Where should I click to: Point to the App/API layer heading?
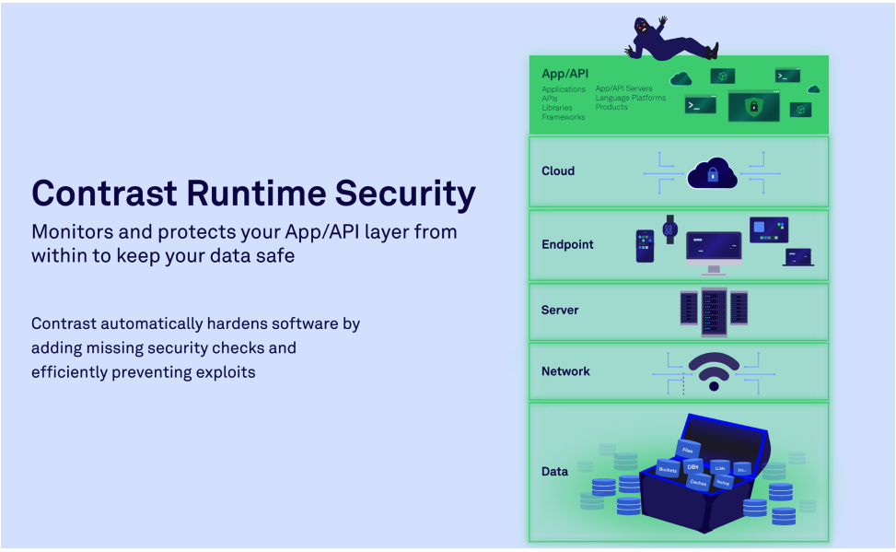pyautogui.click(x=564, y=73)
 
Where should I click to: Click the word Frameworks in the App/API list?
pyautogui.click(x=563, y=117)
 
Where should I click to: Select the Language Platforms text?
pyautogui.click(x=630, y=98)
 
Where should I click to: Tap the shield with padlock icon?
pyautogui.click(x=753, y=107)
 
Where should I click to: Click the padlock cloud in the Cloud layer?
pyautogui.click(x=713, y=172)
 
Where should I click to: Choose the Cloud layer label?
pyautogui.click(x=558, y=170)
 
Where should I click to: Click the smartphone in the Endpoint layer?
pyautogui.click(x=645, y=246)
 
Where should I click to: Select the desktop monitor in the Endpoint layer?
pyautogui.click(x=714, y=249)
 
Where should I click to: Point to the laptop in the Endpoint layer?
pyautogui.click(x=797, y=257)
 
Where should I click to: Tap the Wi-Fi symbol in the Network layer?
pyautogui.click(x=714, y=371)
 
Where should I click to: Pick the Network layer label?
pyautogui.click(x=565, y=371)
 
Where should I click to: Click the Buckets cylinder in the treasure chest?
pyautogui.click(x=668, y=468)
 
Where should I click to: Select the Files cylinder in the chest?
pyautogui.click(x=688, y=450)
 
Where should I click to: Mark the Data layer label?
pyautogui.click(x=554, y=471)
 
